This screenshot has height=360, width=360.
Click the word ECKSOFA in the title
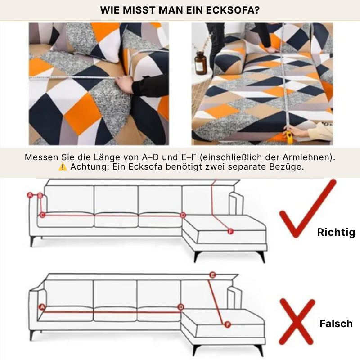[x=233, y=10]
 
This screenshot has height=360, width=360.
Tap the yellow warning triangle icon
[x=63, y=167]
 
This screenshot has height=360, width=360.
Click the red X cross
[x=297, y=321]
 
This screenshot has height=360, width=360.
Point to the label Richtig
[x=336, y=232]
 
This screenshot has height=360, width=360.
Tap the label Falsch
[x=336, y=324]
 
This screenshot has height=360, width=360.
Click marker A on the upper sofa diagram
[x=30, y=195]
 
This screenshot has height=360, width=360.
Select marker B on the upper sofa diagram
[x=40, y=196]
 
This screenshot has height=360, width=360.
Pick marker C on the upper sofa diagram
[x=42, y=215]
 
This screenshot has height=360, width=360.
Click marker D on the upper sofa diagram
[x=183, y=216]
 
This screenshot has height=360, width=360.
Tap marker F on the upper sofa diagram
[x=230, y=231]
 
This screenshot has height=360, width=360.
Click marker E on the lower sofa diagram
[x=212, y=275]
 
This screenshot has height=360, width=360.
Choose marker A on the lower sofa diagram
[x=42, y=307]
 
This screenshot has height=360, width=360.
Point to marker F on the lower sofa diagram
[x=228, y=324]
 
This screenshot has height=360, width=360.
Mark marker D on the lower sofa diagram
[x=181, y=307]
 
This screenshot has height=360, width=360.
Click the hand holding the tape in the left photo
[x=125, y=84]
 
